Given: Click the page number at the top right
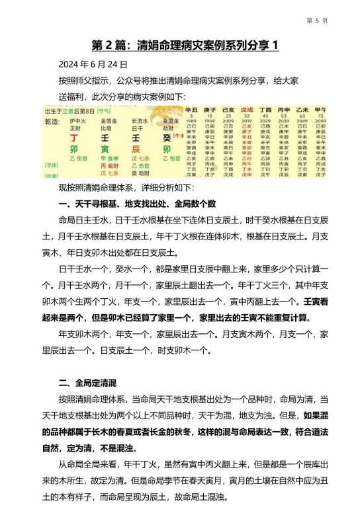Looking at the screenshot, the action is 318,20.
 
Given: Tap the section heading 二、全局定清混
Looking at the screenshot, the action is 87,382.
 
